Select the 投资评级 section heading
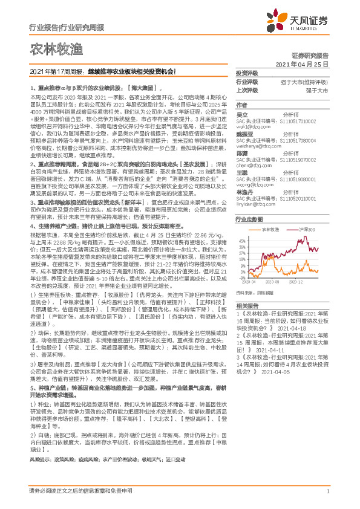(247, 73)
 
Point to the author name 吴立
(241, 113)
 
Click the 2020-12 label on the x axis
(298, 281)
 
